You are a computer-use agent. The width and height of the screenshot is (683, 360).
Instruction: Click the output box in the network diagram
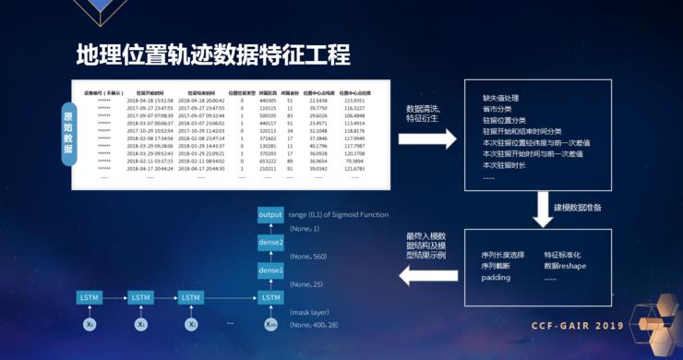[270, 214]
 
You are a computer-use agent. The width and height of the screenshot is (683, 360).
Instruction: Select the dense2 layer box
[270, 242]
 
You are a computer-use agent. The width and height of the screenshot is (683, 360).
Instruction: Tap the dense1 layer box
[270, 270]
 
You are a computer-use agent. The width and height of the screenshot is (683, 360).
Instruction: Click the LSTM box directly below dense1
[270, 297]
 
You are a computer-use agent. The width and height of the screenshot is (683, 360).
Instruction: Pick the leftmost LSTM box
[90, 297]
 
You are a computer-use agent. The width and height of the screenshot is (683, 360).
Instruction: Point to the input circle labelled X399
[270, 325]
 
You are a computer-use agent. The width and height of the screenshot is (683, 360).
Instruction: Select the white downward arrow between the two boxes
[542, 206]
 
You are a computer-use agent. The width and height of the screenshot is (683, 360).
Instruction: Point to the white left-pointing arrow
[419, 273]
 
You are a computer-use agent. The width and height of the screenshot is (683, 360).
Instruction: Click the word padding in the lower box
[496, 278]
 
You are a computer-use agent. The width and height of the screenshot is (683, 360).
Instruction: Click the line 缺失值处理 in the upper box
[501, 97]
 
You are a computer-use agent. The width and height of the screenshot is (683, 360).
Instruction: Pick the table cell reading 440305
[269, 101]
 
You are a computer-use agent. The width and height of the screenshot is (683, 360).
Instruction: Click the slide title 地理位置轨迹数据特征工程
[213, 54]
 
